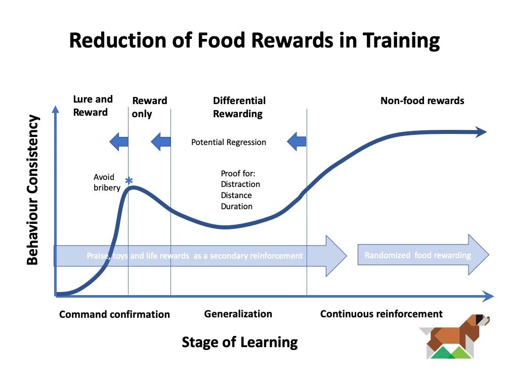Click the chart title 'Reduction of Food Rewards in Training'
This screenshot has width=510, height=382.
[254, 41]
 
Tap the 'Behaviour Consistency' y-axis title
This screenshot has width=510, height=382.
[32, 190]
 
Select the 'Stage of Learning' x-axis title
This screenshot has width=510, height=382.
[240, 342]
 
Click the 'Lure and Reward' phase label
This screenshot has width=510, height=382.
[93, 106]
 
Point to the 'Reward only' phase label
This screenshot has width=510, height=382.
[149, 107]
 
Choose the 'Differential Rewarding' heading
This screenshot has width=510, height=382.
[239, 107]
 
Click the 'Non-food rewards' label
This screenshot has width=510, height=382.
[422, 101]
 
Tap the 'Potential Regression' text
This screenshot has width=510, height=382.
[229, 142]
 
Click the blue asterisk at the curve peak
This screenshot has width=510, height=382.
[129, 181]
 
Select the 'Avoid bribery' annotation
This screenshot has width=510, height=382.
[107, 182]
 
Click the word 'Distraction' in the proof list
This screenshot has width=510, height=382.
[240, 184]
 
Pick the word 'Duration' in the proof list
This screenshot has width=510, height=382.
[236, 206]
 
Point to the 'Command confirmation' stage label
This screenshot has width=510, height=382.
[114, 314]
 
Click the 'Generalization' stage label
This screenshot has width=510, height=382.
[238, 314]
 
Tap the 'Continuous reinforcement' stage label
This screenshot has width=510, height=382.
[381, 314]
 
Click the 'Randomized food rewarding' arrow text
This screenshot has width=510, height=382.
[417, 255]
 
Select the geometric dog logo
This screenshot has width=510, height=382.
[454, 337]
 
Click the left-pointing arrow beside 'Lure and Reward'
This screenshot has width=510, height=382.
[119, 141]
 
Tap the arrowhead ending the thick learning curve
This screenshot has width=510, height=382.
[481, 132]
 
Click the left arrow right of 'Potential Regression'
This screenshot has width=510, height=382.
[296, 141]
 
